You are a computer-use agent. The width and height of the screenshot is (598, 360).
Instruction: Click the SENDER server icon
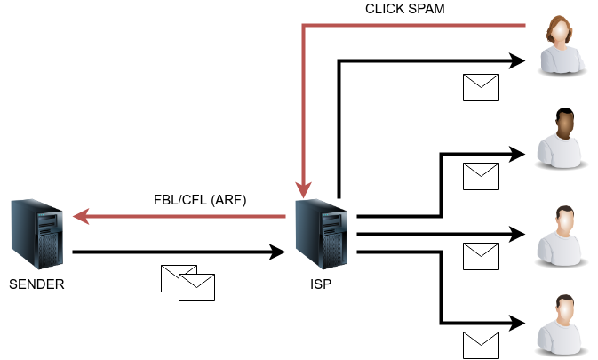click(36, 235)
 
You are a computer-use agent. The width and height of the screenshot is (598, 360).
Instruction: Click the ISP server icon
click(321, 235)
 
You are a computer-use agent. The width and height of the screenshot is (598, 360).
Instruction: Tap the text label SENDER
click(36, 284)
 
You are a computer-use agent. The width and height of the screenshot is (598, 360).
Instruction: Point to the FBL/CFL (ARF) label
click(200, 200)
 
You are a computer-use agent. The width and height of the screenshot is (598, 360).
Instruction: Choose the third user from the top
click(562, 236)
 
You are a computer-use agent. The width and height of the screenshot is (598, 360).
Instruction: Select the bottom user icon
click(562, 324)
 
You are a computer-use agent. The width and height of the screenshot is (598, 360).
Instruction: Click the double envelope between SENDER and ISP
click(187, 283)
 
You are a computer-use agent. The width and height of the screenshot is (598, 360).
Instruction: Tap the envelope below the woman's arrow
click(481, 87)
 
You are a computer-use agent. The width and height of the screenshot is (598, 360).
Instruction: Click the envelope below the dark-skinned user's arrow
click(481, 176)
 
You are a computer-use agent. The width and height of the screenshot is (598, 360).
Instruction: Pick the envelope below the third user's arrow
click(481, 256)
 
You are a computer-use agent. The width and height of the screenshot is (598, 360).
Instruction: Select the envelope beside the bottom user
click(481, 345)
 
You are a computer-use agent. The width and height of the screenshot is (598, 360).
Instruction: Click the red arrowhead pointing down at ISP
click(303, 189)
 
